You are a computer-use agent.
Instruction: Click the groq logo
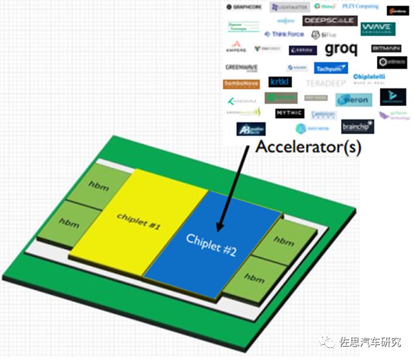341,49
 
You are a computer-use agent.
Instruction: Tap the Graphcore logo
244,7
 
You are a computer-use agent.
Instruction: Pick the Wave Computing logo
377,28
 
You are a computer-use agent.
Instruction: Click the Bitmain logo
386,48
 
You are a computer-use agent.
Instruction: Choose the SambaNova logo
242,84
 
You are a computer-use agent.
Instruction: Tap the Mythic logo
289,113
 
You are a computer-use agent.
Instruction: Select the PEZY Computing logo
359,7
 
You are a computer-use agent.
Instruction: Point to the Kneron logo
354,99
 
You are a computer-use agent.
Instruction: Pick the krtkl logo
280,82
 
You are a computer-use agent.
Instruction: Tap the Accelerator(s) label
307,147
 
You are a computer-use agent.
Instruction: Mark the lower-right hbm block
244,277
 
